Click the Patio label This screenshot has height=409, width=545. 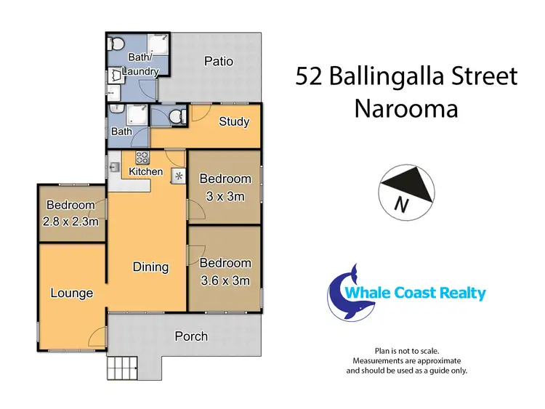point(218,62)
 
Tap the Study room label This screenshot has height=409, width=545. point(234,122)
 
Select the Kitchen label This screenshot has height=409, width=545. point(145,172)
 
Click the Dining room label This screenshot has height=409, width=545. point(150,267)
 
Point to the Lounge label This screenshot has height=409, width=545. point(71,293)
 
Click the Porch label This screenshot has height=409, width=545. point(191,336)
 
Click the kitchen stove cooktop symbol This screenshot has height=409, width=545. point(141,156)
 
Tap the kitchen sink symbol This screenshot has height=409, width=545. point(116,169)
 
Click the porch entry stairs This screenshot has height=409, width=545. point(121,368)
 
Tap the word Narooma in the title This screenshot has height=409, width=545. point(406,109)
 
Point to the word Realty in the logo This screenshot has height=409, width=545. point(457,293)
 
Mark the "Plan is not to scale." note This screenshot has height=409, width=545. point(407,350)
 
